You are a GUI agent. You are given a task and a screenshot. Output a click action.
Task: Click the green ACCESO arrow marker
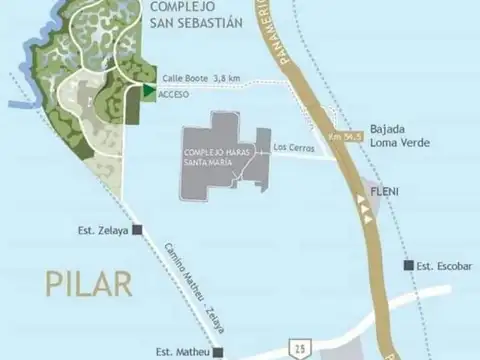click(x=147, y=92)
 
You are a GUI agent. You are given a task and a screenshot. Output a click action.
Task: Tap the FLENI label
click(x=386, y=190)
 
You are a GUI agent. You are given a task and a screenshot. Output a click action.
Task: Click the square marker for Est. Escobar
click(x=407, y=265)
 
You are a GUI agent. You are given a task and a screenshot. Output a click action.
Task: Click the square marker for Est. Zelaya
click(x=137, y=229)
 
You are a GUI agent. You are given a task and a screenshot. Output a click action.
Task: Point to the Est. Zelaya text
click(x=103, y=229)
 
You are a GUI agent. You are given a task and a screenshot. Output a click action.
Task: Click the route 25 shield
click(x=300, y=346)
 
